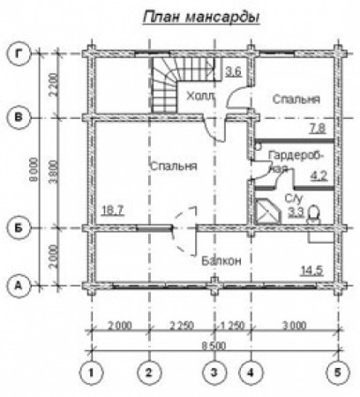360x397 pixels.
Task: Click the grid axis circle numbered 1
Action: coord(91,371)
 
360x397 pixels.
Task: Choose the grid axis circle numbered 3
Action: coord(212,371)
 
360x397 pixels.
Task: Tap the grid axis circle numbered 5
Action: coord(335,371)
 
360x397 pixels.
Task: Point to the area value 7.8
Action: coord(317,130)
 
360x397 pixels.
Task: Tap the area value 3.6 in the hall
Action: coord(234,71)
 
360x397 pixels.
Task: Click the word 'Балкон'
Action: coord(221,260)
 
